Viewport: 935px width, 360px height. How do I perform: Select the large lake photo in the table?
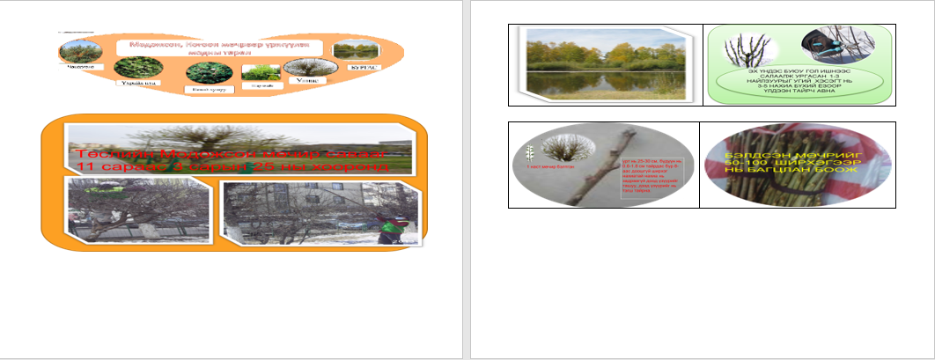coord(605,63)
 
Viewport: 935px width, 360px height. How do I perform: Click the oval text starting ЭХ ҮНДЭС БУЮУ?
coord(799,84)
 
